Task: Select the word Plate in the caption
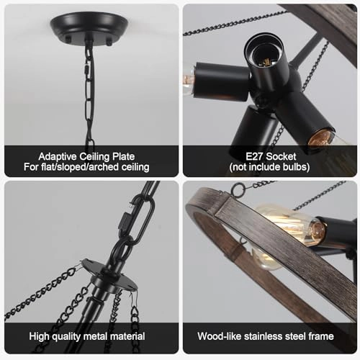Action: click(x=121, y=156)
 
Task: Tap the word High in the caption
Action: click(x=42, y=336)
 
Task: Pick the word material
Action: click(x=126, y=336)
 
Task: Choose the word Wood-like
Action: click(x=223, y=336)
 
